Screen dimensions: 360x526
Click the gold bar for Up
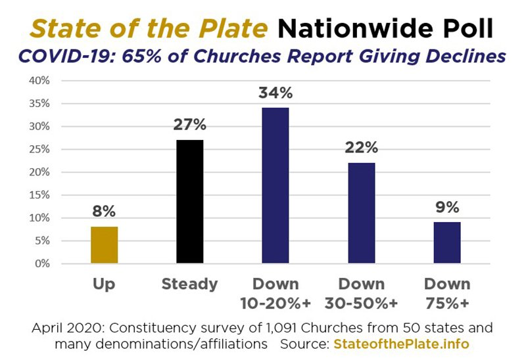104,245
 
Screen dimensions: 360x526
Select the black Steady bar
190,202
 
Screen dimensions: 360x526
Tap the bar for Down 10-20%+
275,185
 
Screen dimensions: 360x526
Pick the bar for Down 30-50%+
361,213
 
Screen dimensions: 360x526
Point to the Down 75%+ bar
446,242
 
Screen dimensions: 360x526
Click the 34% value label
275,93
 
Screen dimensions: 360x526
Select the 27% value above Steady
190,125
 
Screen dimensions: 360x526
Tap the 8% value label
104,212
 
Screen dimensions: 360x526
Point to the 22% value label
361,148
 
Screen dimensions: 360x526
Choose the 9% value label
446,208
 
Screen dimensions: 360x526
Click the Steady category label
190,284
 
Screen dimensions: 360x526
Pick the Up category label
104,284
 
